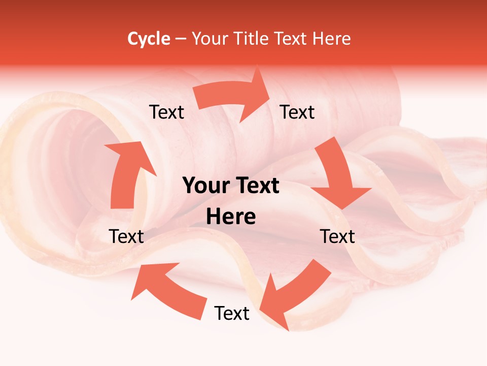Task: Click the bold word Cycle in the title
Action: pyautogui.click(x=149, y=39)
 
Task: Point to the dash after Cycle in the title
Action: pyautogui.click(x=181, y=39)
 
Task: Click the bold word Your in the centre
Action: pyautogui.click(x=205, y=186)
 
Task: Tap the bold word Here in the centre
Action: pyautogui.click(x=231, y=217)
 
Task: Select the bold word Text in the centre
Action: pyautogui.click(x=257, y=186)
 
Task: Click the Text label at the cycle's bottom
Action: pyautogui.click(x=232, y=313)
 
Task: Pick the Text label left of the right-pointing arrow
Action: pyautogui.click(x=166, y=112)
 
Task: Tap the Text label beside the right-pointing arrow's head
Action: pyautogui.click(x=297, y=112)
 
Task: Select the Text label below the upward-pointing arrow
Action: pyautogui.click(x=126, y=236)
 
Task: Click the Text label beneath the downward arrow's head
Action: pyautogui.click(x=337, y=236)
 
